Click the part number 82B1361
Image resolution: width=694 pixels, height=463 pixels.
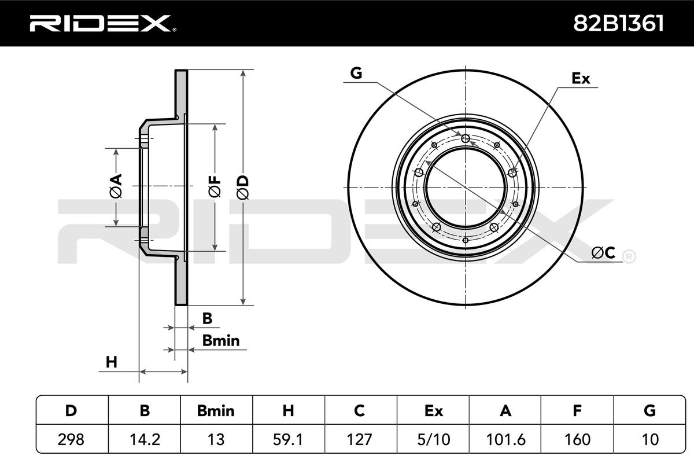[618, 23]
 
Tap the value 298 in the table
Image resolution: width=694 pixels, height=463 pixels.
[72, 440]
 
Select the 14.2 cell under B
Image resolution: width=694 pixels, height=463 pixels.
[145, 440]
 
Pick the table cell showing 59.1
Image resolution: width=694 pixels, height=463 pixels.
[288, 440]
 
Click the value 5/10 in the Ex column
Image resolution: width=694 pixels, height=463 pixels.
[433, 440]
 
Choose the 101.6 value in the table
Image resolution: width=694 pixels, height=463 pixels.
[505, 440]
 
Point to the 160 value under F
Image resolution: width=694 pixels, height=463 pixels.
[577, 440]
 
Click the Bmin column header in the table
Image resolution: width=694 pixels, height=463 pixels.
[216, 411]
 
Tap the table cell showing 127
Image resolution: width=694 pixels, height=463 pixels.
[360, 440]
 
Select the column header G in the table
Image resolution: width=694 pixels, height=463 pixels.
[649, 411]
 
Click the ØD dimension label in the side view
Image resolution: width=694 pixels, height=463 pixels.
[243, 186]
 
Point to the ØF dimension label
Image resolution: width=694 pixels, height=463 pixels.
[215, 186]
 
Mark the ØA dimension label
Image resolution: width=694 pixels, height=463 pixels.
[116, 186]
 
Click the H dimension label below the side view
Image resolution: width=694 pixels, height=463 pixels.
[112, 363]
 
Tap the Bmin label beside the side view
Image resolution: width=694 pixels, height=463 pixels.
[220, 341]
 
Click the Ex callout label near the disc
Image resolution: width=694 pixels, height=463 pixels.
[581, 79]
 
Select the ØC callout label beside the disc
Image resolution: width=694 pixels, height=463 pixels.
[603, 253]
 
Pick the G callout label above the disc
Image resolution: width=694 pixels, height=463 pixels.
[356, 73]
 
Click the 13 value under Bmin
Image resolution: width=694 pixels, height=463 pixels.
[216, 440]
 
